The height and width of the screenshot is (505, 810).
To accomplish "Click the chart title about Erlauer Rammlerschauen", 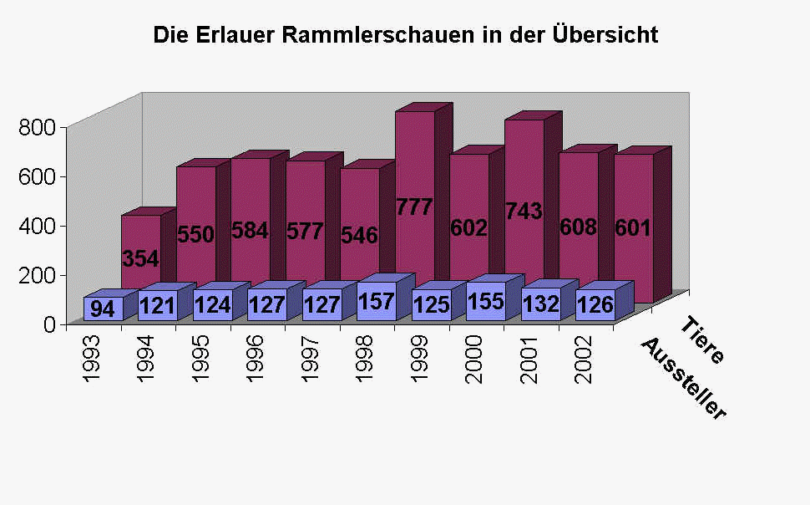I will click(405, 36).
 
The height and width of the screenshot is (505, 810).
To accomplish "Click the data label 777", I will click(415, 207).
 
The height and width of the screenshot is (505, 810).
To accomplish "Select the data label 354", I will click(140, 258).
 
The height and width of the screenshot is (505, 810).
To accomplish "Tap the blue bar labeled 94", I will click(103, 309).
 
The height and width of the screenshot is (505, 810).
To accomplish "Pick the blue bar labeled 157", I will click(377, 301).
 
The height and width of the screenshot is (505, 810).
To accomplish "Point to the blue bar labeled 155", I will click(486, 301).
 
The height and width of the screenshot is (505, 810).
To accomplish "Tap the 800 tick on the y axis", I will click(38, 127).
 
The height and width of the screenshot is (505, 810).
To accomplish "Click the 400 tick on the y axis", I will click(38, 226).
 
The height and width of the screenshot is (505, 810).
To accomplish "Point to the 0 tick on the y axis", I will click(49, 324).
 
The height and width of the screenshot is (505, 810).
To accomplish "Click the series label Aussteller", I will click(683, 380).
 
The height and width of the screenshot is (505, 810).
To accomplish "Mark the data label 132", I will click(540, 305).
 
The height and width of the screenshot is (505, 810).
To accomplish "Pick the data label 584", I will click(250, 231).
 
